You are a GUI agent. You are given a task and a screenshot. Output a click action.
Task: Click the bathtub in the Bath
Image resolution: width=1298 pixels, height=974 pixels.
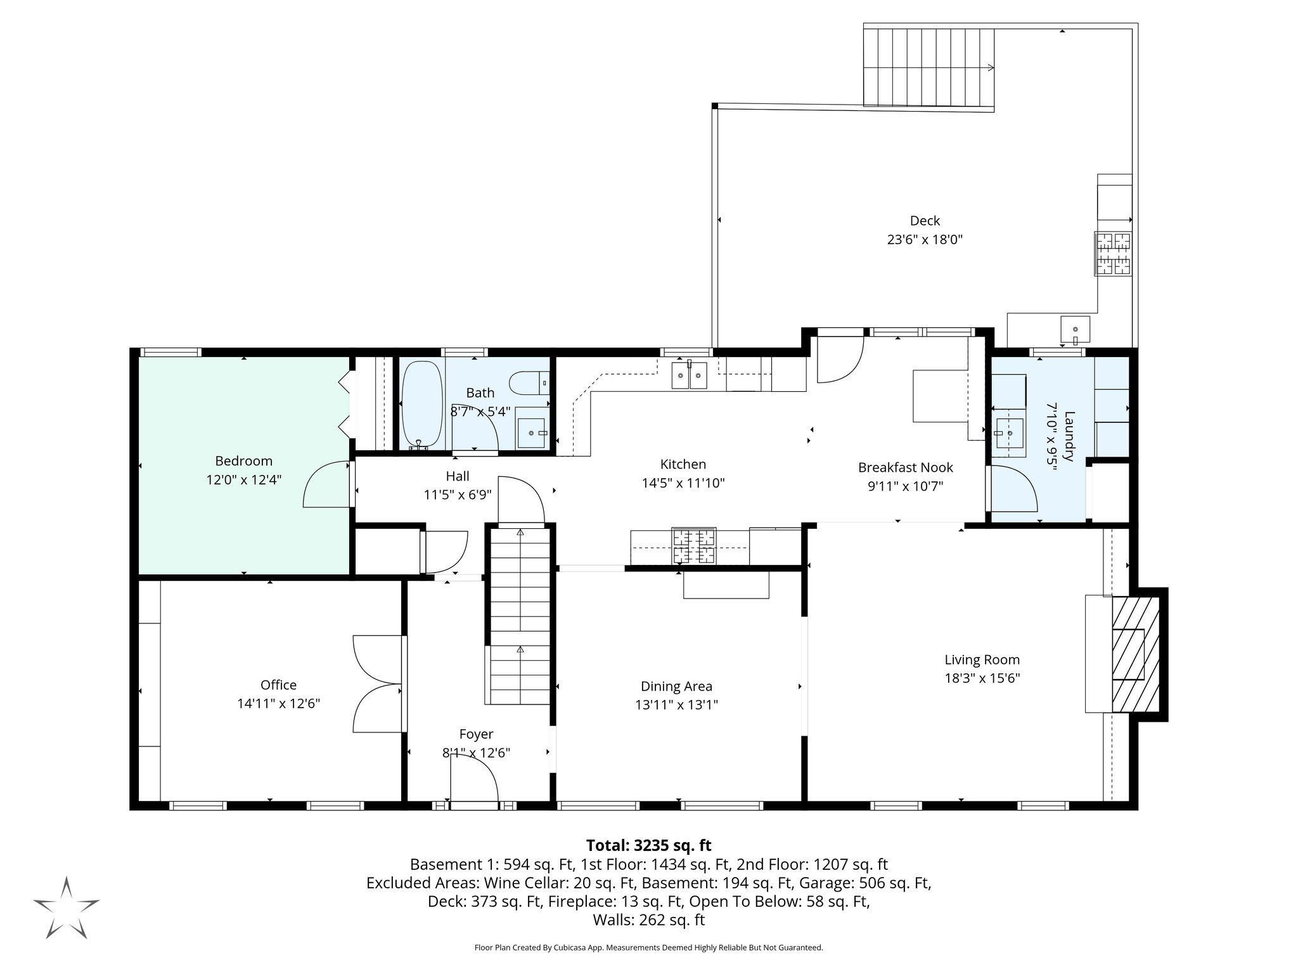pyautogui.click(x=421, y=405)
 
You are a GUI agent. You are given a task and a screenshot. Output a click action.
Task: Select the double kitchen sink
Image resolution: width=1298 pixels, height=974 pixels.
pyautogui.click(x=689, y=375)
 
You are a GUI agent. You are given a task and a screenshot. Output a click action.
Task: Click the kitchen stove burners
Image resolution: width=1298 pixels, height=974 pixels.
pyautogui.click(x=694, y=546)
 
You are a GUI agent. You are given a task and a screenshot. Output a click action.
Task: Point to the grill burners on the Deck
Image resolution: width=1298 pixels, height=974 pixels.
pyautogui.click(x=1114, y=253)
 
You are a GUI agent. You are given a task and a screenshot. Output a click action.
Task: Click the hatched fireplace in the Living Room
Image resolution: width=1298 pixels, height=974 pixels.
pyautogui.click(x=1135, y=654)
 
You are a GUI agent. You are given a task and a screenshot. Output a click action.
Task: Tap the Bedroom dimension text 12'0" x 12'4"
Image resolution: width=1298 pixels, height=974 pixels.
pyautogui.click(x=243, y=480)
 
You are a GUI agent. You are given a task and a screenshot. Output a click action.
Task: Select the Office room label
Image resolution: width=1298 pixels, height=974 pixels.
pyautogui.click(x=278, y=685)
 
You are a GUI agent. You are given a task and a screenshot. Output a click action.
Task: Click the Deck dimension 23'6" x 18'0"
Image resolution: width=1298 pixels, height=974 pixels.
pyautogui.click(x=925, y=240)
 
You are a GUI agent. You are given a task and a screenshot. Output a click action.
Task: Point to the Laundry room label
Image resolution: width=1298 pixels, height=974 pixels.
pyautogui.click(x=1069, y=436)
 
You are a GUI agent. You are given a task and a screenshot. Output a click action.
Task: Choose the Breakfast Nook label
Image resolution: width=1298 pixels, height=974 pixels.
pyautogui.click(x=905, y=467)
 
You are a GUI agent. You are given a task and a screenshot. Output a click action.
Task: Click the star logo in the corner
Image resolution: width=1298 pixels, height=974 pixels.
pyautogui.click(x=67, y=907)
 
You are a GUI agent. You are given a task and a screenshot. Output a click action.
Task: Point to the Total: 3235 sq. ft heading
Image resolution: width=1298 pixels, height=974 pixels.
pyautogui.click(x=648, y=845)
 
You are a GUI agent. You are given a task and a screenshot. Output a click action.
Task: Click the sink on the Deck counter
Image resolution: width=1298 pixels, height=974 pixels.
pyautogui.click(x=1075, y=330)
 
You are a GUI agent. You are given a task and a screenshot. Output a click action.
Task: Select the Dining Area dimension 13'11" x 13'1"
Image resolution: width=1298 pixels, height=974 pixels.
pyautogui.click(x=676, y=705)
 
